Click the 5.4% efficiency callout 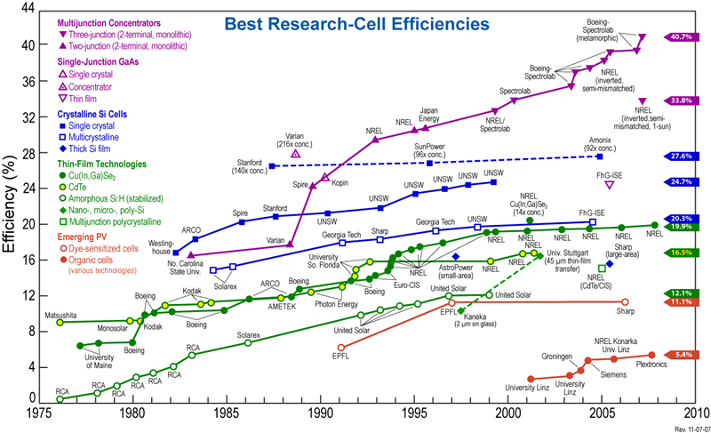click(682, 355)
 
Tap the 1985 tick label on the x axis click(227, 414)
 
